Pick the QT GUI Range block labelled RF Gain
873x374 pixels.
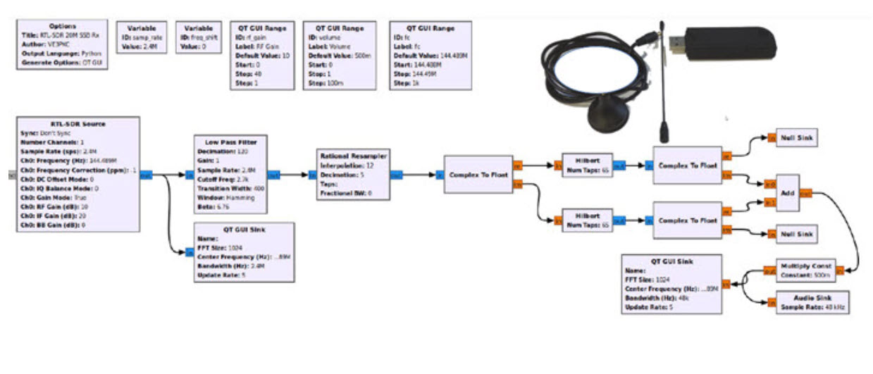pos(261,54)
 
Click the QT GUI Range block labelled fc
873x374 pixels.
pos(430,54)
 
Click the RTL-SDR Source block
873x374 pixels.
pos(78,174)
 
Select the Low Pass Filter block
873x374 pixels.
pos(230,174)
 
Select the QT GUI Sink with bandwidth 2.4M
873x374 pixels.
pos(242,252)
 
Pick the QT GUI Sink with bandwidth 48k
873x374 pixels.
pos(672,284)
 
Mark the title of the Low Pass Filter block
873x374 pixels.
pos(230,142)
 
